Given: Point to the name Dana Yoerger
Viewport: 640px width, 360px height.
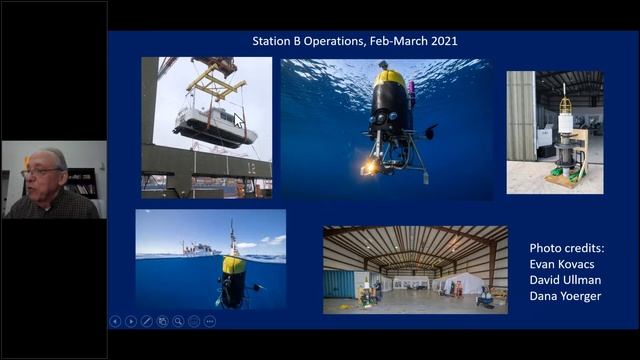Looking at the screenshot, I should coord(566,296).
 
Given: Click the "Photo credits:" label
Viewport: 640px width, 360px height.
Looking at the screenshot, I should coord(568,248).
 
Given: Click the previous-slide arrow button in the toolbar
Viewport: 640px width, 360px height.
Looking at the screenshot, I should coord(115,321).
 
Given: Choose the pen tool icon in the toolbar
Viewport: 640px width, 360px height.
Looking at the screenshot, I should coord(147,321).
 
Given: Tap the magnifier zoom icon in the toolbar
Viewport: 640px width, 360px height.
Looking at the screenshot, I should coord(178,321).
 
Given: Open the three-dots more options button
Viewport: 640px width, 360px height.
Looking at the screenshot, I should coord(210,321).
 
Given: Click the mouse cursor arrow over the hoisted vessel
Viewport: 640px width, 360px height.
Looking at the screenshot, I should coord(239,120).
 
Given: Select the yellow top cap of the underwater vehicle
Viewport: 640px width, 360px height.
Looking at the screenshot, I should coord(390,77).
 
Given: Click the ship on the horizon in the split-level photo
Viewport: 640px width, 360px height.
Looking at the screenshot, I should coord(199,248).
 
